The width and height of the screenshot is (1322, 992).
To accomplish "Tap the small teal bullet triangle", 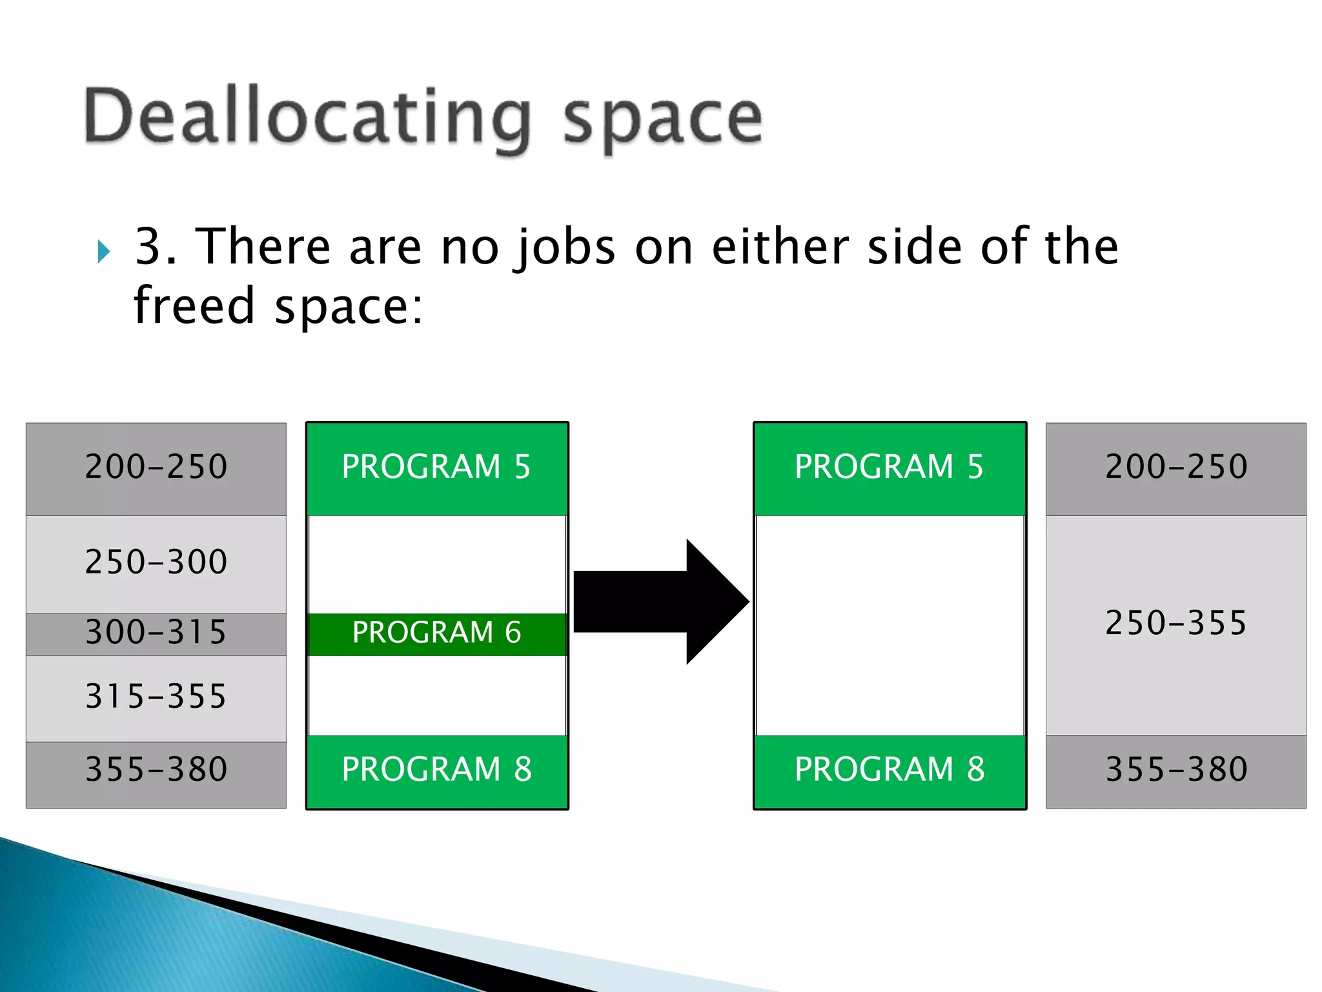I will (x=104, y=251).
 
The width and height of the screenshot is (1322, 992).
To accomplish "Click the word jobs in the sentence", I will (x=565, y=248).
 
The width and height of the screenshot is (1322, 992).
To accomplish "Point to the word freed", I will (x=194, y=305).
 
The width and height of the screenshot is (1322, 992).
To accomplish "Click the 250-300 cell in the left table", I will (x=156, y=562).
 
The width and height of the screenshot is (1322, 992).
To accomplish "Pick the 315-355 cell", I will (x=156, y=697).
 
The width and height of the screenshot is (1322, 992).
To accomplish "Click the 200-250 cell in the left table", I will (x=156, y=467).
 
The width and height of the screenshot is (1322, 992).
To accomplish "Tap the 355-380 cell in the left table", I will (x=156, y=770).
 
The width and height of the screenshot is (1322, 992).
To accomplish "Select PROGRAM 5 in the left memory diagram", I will (x=437, y=467).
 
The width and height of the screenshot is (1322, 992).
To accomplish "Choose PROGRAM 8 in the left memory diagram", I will (x=437, y=770).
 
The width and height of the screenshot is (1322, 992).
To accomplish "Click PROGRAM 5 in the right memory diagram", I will (x=890, y=467).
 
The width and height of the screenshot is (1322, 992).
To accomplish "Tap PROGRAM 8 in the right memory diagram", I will (x=890, y=770).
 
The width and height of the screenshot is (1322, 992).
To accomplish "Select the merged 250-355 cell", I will (x=1175, y=624).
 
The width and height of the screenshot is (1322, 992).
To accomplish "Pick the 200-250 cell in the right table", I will (x=1175, y=467).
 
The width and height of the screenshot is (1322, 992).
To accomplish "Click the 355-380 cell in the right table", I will (x=1175, y=770).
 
